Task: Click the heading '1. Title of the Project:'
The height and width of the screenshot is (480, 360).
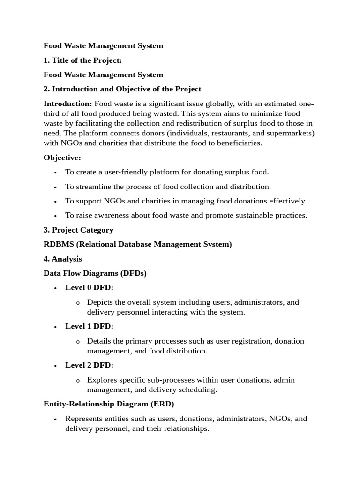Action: (82, 60)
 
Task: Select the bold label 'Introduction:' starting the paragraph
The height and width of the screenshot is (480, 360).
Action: (67, 104)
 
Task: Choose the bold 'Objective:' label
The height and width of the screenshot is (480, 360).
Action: (62, 157)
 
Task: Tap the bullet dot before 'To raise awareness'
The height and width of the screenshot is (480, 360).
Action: (55, 216)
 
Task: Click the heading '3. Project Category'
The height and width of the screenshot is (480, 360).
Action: (78, 230)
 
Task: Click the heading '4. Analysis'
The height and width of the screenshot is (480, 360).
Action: (63, 259)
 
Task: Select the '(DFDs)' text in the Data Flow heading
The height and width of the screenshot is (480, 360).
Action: (134, 273)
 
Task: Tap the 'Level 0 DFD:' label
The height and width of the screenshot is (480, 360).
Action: (90, 288)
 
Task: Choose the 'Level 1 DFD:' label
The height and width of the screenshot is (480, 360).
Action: (90, 326)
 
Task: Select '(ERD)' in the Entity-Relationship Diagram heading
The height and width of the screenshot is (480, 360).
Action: (163, 404)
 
